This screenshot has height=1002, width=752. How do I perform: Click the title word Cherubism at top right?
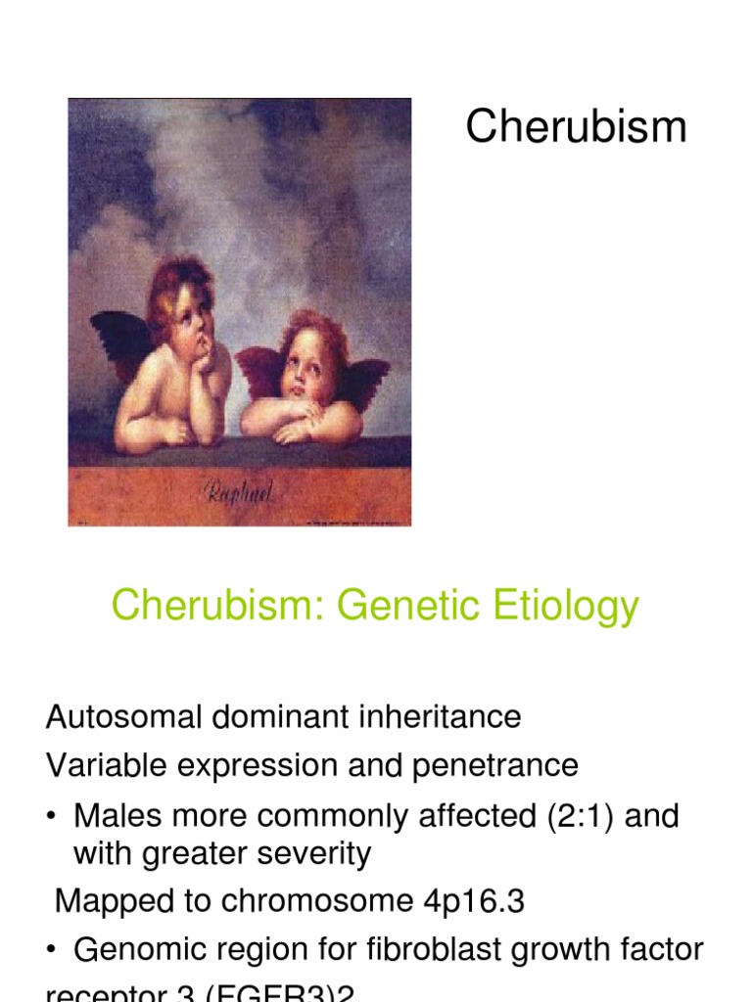[x=576, y=127]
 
